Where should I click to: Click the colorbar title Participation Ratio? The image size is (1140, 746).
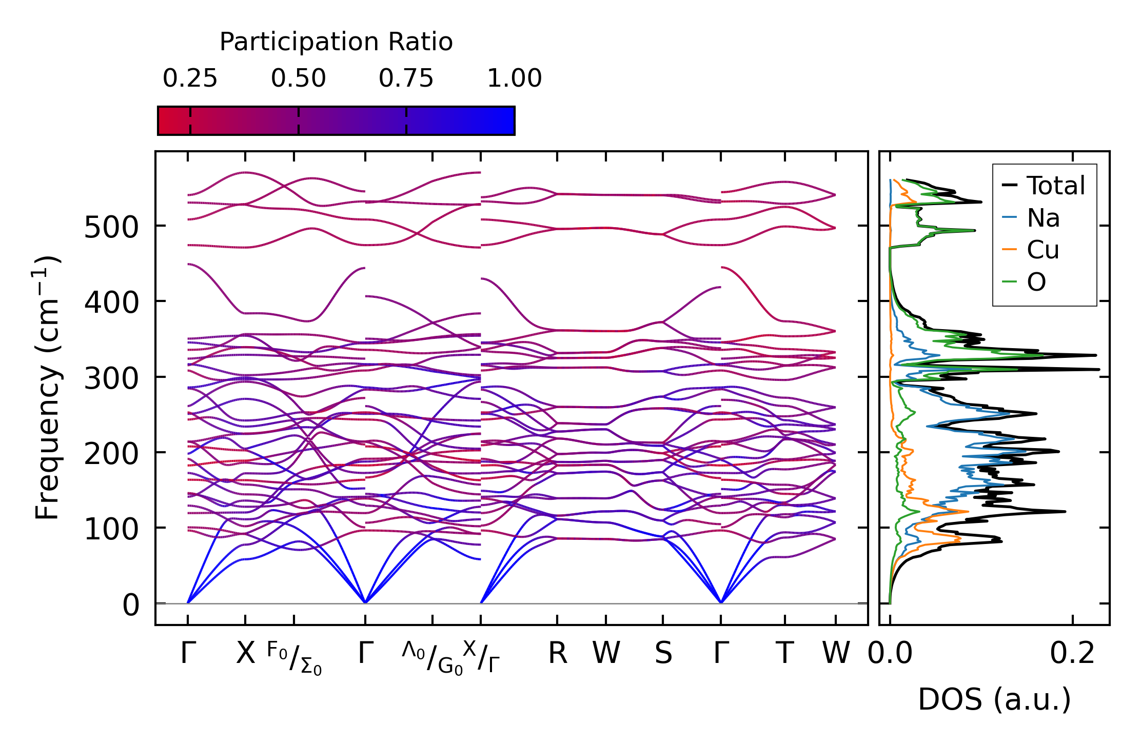point(336,42)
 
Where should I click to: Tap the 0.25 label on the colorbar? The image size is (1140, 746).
point(190,78)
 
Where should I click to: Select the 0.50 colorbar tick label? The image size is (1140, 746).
point(298,78)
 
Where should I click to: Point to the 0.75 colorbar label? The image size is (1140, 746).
point(406,78)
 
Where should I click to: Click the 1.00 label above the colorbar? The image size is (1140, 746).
point(514,78)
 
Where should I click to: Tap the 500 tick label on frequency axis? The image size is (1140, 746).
point(111,227)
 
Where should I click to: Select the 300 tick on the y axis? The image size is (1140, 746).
point(111,378)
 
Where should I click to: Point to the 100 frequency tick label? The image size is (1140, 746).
point(111,529)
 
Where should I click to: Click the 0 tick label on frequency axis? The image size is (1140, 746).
point(131,605)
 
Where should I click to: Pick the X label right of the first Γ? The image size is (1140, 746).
point(245,654)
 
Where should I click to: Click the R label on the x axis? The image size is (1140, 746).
point(558,654)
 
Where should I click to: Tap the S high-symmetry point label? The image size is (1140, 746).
point(663,654)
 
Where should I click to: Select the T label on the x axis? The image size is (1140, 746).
point(784,654)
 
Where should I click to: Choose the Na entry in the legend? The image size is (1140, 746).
point(1043,218)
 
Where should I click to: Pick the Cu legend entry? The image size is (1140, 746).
point(1043,250)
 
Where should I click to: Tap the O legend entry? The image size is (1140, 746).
point(1036,282)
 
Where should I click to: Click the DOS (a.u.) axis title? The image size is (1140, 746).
point(994,699)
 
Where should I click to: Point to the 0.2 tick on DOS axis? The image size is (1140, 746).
point(1072,654)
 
